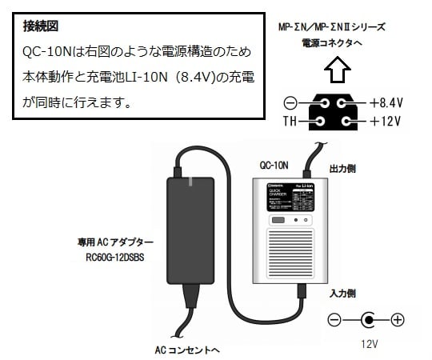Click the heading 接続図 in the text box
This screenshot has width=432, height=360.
click(42, 26)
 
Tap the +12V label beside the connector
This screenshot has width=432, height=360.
click(385, 122)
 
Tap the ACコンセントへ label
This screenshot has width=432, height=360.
click(187, 350)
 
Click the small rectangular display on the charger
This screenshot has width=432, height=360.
click(278, 219)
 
